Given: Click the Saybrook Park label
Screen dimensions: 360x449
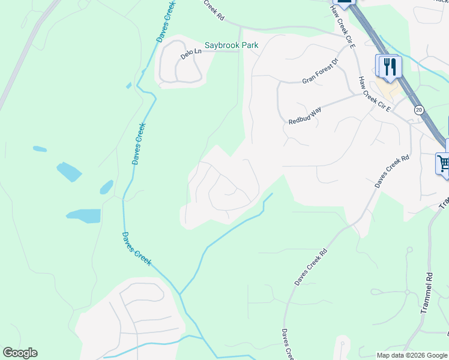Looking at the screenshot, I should point(232,45).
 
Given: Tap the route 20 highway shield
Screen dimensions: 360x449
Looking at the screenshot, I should point(418,110).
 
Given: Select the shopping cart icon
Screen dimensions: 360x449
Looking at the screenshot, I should point(444,163).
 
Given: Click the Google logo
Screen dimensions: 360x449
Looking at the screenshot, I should point(20,353).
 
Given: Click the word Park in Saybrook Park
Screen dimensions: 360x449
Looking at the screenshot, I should point(249,45).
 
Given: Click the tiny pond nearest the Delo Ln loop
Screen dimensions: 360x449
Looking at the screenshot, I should point(129,86).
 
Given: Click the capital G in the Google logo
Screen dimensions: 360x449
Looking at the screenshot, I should point(8,353).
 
